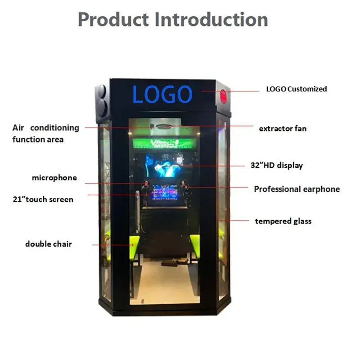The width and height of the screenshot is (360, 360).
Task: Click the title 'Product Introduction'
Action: pos(173,20)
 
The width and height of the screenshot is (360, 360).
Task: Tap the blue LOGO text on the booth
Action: pos(162,94)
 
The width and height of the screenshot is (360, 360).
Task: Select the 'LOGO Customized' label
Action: pos(297,89)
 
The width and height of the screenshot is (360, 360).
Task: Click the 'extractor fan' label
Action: pos(283,129)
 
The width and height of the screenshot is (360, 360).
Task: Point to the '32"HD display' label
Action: pos(276,165)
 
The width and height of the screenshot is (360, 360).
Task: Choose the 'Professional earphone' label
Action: pos(297,189)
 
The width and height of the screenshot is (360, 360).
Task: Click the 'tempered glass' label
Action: pos(283,221)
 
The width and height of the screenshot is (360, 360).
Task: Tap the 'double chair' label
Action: pos(48,244)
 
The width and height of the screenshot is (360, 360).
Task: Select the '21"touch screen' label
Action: pos(43,199)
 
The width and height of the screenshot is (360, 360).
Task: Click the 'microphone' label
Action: pos(54,178)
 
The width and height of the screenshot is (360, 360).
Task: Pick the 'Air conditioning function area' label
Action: pos(45,134)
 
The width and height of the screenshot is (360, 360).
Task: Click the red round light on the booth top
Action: pos(223,96)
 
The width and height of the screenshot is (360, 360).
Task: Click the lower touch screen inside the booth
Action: pos(165,193)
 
